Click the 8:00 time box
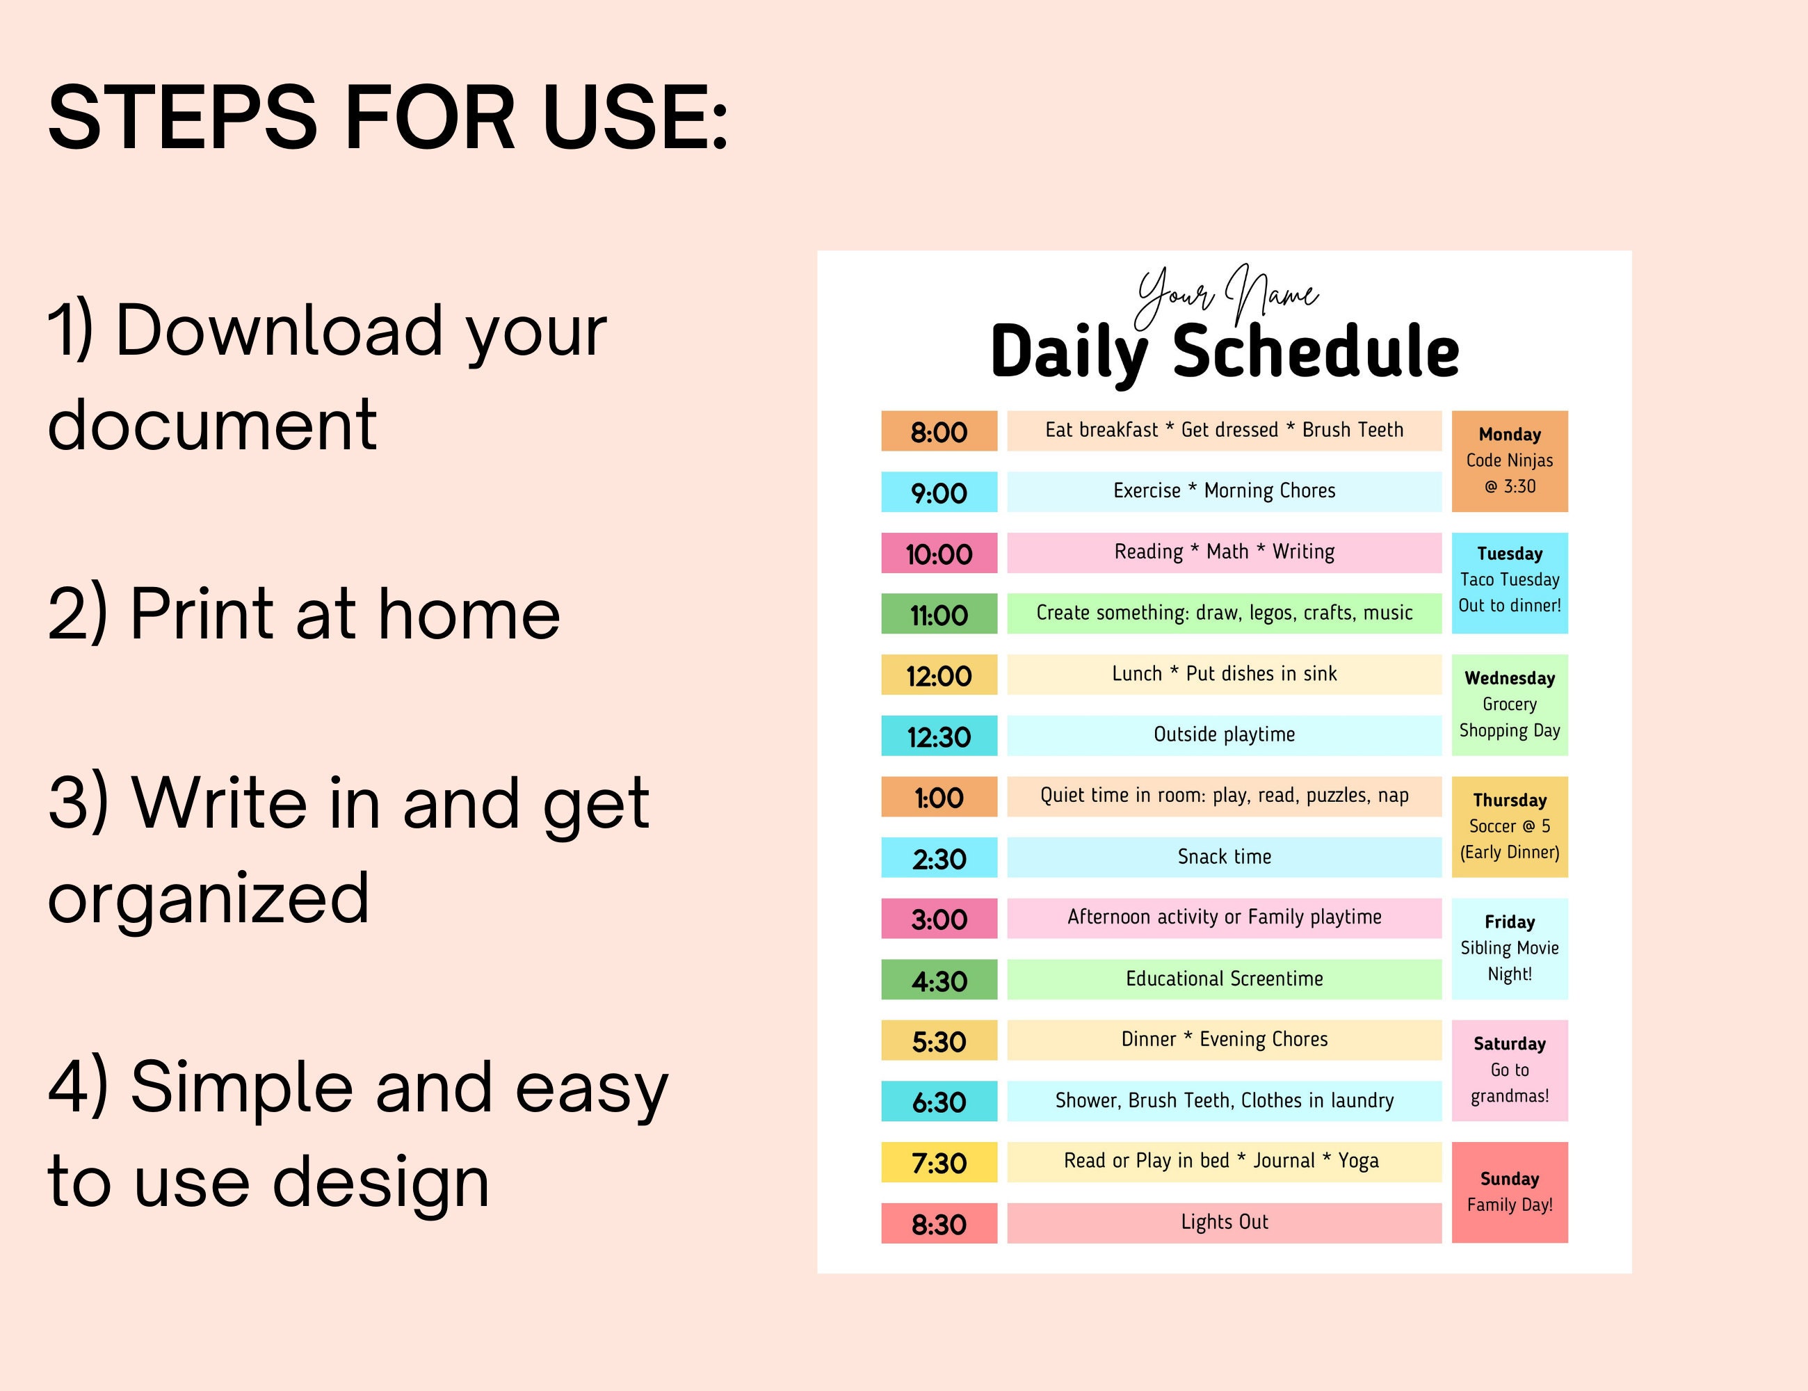(x=939, y=431)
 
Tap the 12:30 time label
(x=939, y=736)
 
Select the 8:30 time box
(x=939, y=1224)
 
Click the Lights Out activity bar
(x=1224, y=1222)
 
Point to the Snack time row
(x=1224, y=857)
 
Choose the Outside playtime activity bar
(x=1224, y=734)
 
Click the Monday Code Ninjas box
(x=1509, y=460)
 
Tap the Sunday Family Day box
(x=1509, y=1192)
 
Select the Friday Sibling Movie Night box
(x=1509, y=948)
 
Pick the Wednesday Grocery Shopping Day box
(x=1509, y=705)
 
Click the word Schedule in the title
(x=1316, y=352)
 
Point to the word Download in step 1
(x=279, y=330)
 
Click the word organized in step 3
(x=208, y=899)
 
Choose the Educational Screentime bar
(x=1224, y=979)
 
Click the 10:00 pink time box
(x=939, y=553)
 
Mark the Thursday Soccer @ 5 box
(x=1509, y=826)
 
